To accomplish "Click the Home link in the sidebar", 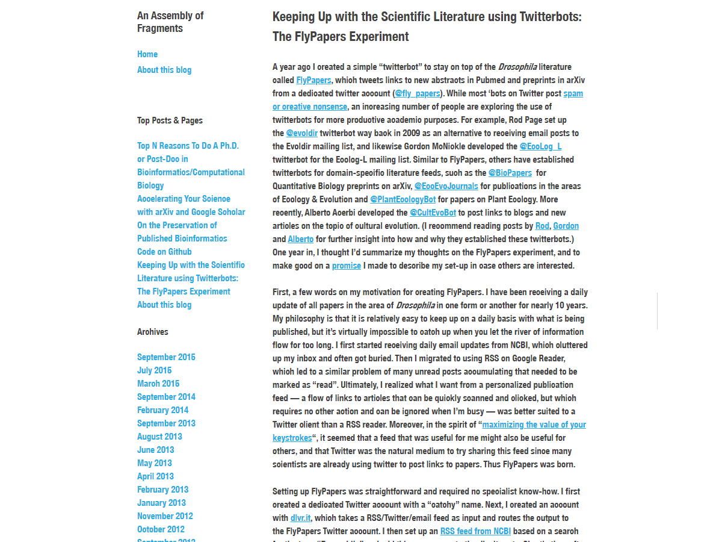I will coord(147,54).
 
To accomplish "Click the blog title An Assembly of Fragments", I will coord(170,22).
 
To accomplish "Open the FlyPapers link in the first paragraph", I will coord(313,80).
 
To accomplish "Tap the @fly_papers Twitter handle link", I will coord(418,93).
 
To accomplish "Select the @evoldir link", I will coord(301,133).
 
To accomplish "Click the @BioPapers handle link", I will coord(510,173).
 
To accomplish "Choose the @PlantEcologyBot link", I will coord(403,199).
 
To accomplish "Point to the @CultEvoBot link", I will coord(433,213).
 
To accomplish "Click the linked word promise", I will coord(347,266).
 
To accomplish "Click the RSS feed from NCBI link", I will coord(475,531).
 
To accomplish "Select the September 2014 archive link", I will coord(166,397).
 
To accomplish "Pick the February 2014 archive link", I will coord(162,410).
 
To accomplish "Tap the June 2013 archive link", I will coord(155,450).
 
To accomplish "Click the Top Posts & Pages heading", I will coord(170,120).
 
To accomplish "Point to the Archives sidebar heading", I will coord(153,332).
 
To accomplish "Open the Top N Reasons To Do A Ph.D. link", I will coord(188,146).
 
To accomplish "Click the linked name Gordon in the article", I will coord(566,226).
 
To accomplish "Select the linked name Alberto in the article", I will coord(300,239).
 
